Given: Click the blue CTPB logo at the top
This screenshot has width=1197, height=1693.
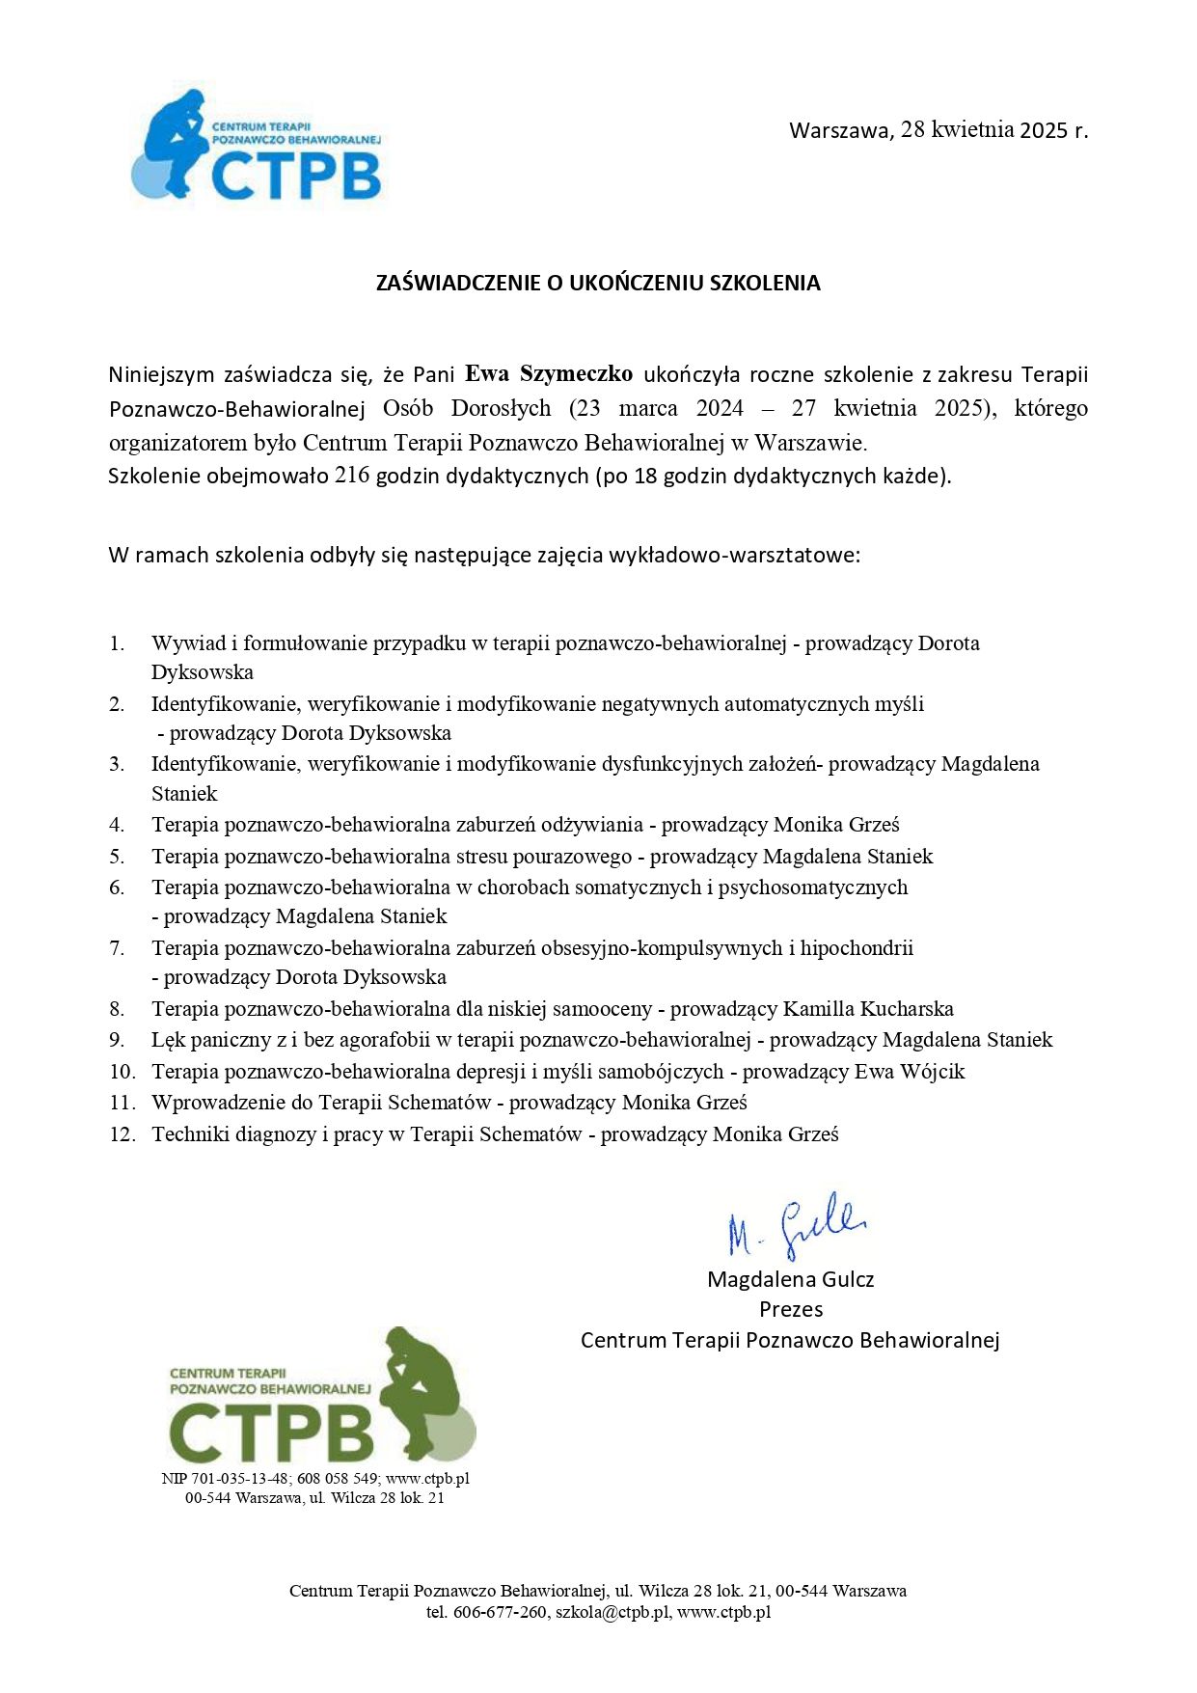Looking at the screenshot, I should (258, 147).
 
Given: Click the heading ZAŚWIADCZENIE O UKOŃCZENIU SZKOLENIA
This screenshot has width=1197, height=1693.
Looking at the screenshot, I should (598, 283).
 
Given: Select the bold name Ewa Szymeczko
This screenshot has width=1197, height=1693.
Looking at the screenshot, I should (549, 374).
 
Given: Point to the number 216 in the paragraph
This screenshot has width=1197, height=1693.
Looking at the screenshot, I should (352, 476).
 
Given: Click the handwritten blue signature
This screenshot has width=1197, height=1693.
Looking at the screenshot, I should (797, 1226).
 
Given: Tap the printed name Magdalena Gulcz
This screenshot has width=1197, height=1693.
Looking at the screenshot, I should (790, 1279).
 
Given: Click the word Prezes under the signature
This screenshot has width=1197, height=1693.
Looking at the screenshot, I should (791, 1309).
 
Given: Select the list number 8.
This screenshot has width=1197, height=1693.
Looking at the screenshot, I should (117, 1009).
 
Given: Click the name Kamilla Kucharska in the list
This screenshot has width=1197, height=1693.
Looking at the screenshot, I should (868, 1009).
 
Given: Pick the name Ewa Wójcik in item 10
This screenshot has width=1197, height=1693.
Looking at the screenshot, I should (910, 1072).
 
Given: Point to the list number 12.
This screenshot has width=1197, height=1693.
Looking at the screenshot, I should (122, 1134).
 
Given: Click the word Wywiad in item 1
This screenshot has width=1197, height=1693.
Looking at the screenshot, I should (188, 643).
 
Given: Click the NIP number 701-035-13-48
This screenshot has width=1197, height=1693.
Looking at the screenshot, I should (239, 1479).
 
